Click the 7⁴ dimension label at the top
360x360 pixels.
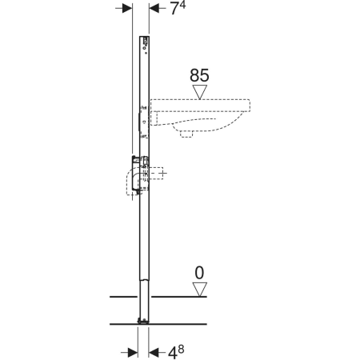178,8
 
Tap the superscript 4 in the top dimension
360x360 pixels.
183,5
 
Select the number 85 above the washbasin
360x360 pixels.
199,75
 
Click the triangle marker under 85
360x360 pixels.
200,92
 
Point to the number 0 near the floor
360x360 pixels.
199,273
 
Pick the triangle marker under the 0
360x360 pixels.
200,290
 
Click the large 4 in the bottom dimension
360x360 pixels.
172,354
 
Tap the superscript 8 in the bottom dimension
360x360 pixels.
181,349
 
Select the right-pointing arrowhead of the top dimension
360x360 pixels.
127,8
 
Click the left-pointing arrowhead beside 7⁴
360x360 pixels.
154,8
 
